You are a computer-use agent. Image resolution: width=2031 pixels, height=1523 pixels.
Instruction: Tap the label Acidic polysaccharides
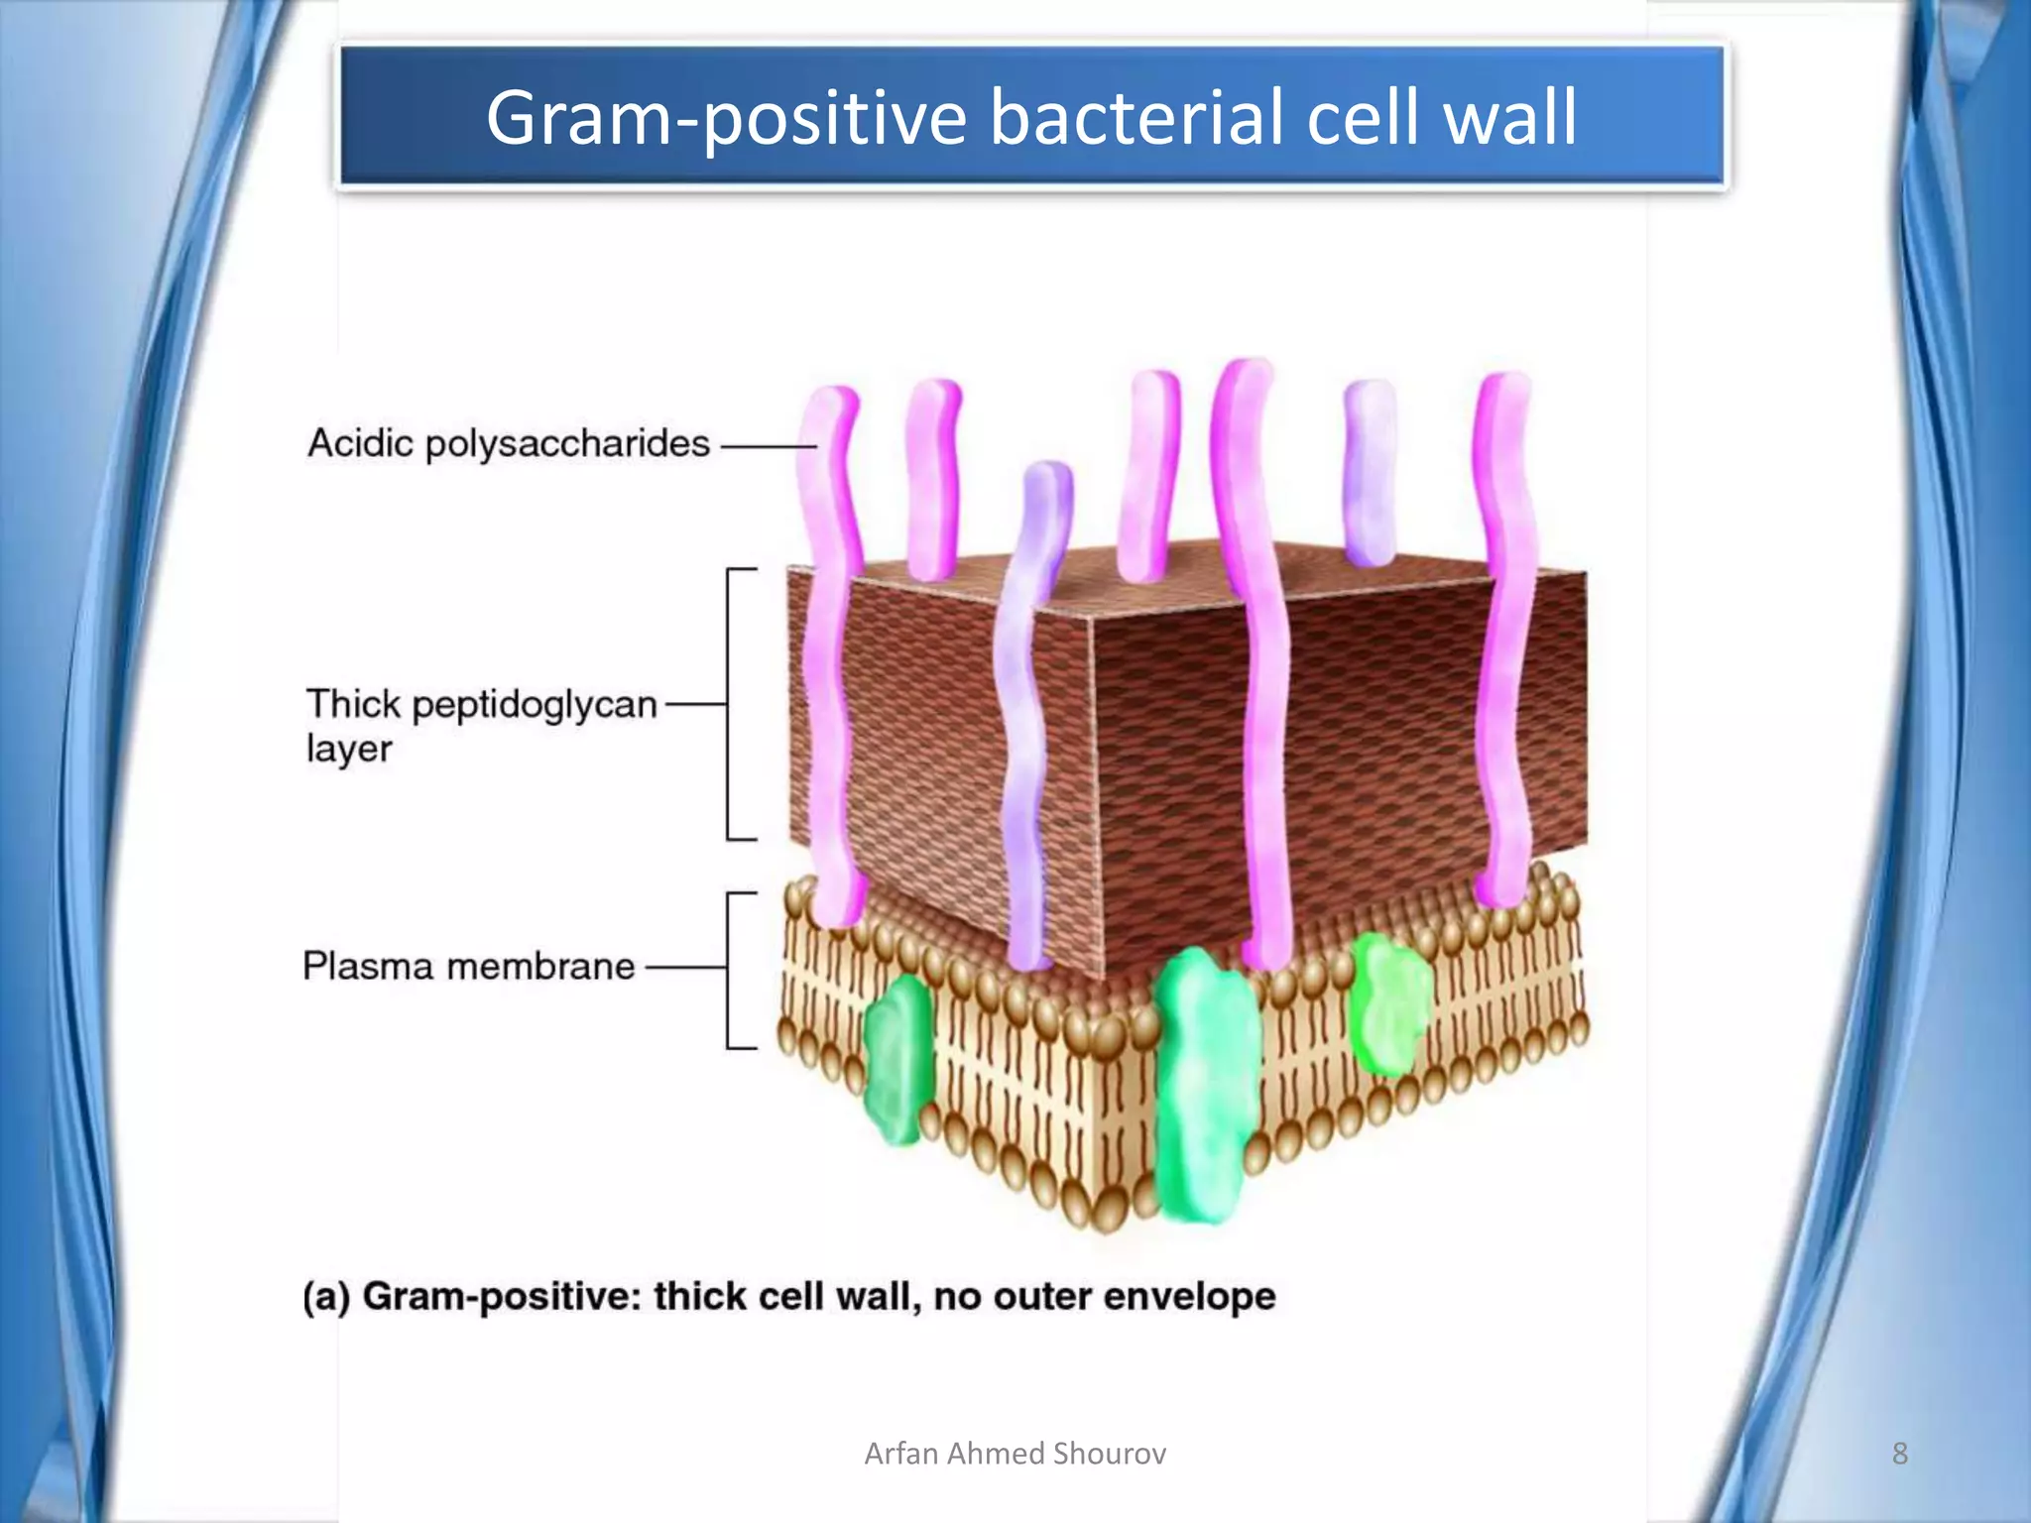pyautogui.click(x=509, y=443)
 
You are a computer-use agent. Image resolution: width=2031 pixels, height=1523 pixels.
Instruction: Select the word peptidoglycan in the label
pyautogui.click(x=535, y=705)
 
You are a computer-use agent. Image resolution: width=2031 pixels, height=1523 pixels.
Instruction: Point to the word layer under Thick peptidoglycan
pyautogui.click(x=349, y=749)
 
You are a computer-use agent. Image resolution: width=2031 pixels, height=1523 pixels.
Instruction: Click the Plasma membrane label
pyautogui.click(x=468, y=966)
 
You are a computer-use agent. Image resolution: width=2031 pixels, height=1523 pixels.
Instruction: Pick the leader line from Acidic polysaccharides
pyautogui.click(x=768, y=447)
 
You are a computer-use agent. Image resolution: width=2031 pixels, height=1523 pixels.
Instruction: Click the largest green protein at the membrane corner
pyautogui.click(x=1205, y=1086)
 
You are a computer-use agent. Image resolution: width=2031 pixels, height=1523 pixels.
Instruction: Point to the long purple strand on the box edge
pyautogui.click(x=1027, y=714)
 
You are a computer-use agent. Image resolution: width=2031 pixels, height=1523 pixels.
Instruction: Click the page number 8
pyautogui.click(x=1899, y=1454)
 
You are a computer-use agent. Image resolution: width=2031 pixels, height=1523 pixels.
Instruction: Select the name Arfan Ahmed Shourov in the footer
pyautogui.click(x=1015, y=1454)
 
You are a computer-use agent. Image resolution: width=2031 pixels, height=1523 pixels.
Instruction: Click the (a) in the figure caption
pyautogui.click(x=326, y=1298)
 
